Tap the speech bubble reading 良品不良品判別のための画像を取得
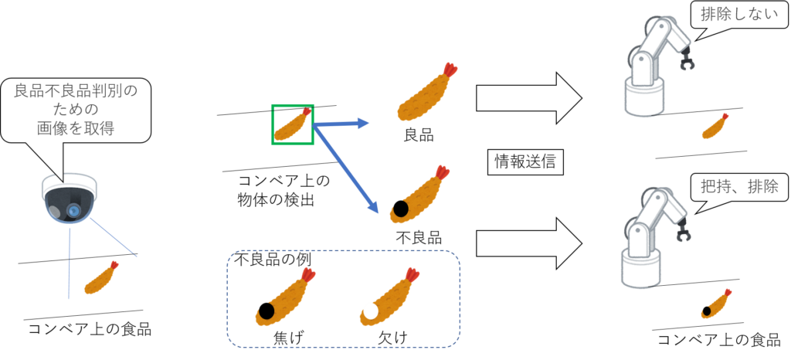(75, 110)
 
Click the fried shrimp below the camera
(101, 277)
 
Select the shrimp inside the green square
(292, 125)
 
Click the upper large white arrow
(528, 98)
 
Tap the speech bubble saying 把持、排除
(738, 187)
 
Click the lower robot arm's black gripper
(684, 233)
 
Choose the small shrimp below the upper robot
(715, 127)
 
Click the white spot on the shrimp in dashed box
(370, 311)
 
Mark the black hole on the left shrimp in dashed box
(266, 312)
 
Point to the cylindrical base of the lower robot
(643, 270)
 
